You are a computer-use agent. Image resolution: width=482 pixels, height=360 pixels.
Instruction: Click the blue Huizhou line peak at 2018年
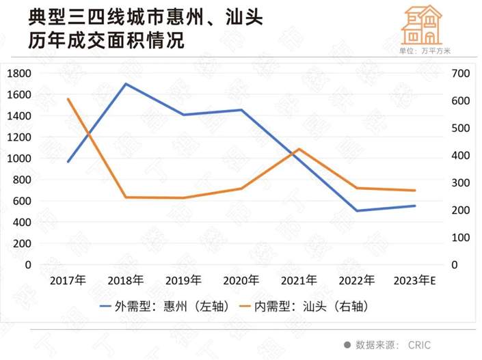point(126,84)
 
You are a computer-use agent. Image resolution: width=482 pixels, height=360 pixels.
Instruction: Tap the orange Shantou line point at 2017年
point(68,99)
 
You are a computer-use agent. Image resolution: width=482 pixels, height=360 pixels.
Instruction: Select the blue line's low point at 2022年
point(356,210)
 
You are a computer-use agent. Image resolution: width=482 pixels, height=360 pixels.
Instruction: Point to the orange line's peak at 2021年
point(299,149)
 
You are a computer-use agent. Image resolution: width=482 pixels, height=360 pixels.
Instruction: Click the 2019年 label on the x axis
point(183,280)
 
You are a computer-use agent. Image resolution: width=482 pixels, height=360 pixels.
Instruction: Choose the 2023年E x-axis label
point(416,280)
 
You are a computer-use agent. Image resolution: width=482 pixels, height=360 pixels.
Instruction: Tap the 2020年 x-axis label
point(241,280)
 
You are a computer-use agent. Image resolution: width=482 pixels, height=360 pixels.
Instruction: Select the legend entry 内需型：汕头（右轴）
point(319,305)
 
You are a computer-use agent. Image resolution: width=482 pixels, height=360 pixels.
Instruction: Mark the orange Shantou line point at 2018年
point(126,197)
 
